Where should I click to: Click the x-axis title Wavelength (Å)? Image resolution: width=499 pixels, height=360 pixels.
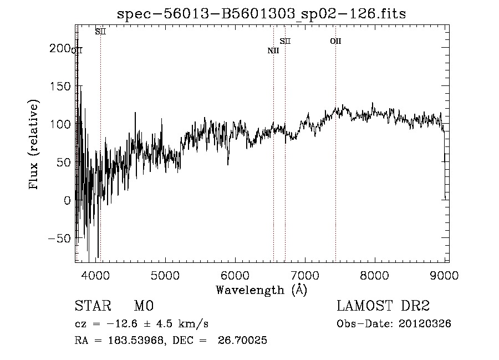261,290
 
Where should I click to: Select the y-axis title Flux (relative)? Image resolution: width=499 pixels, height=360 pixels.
35,145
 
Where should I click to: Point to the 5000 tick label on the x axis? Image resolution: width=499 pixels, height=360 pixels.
165,274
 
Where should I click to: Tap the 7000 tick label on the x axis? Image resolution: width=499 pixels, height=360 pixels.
304,274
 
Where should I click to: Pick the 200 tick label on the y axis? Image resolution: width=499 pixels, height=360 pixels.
60,49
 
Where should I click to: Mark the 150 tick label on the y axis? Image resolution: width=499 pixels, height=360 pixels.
60,87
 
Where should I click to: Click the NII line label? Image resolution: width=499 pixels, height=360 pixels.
273,51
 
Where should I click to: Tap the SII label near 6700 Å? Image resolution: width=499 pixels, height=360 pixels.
285,41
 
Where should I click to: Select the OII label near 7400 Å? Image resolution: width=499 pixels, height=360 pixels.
335,41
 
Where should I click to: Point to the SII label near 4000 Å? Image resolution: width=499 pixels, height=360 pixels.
100,32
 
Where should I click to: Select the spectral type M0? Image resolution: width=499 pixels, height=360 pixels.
144,306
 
